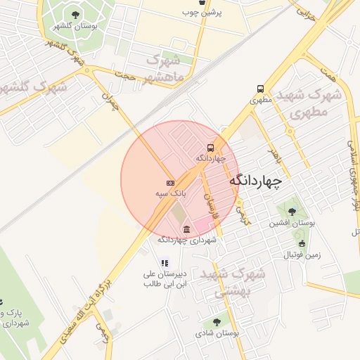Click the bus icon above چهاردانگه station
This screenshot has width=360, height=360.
[x=210, y=148]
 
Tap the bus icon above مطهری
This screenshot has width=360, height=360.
[x=261, y=89]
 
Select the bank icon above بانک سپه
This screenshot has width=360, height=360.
[x=170, y=182]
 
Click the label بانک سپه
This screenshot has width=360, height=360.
[x=169, y=192]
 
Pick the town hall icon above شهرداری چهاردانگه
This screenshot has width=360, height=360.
[x=186, y=229]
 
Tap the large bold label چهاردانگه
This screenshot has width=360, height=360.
[x=255, y=181]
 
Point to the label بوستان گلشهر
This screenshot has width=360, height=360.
[x=75, y=26]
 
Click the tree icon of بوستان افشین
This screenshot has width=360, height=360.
[x=292, y=212]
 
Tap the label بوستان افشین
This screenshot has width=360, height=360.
[x=290, y=224]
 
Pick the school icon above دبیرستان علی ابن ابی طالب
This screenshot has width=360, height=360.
[x=165, y=263]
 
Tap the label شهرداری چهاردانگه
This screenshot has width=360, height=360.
[x=186, y=240]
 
